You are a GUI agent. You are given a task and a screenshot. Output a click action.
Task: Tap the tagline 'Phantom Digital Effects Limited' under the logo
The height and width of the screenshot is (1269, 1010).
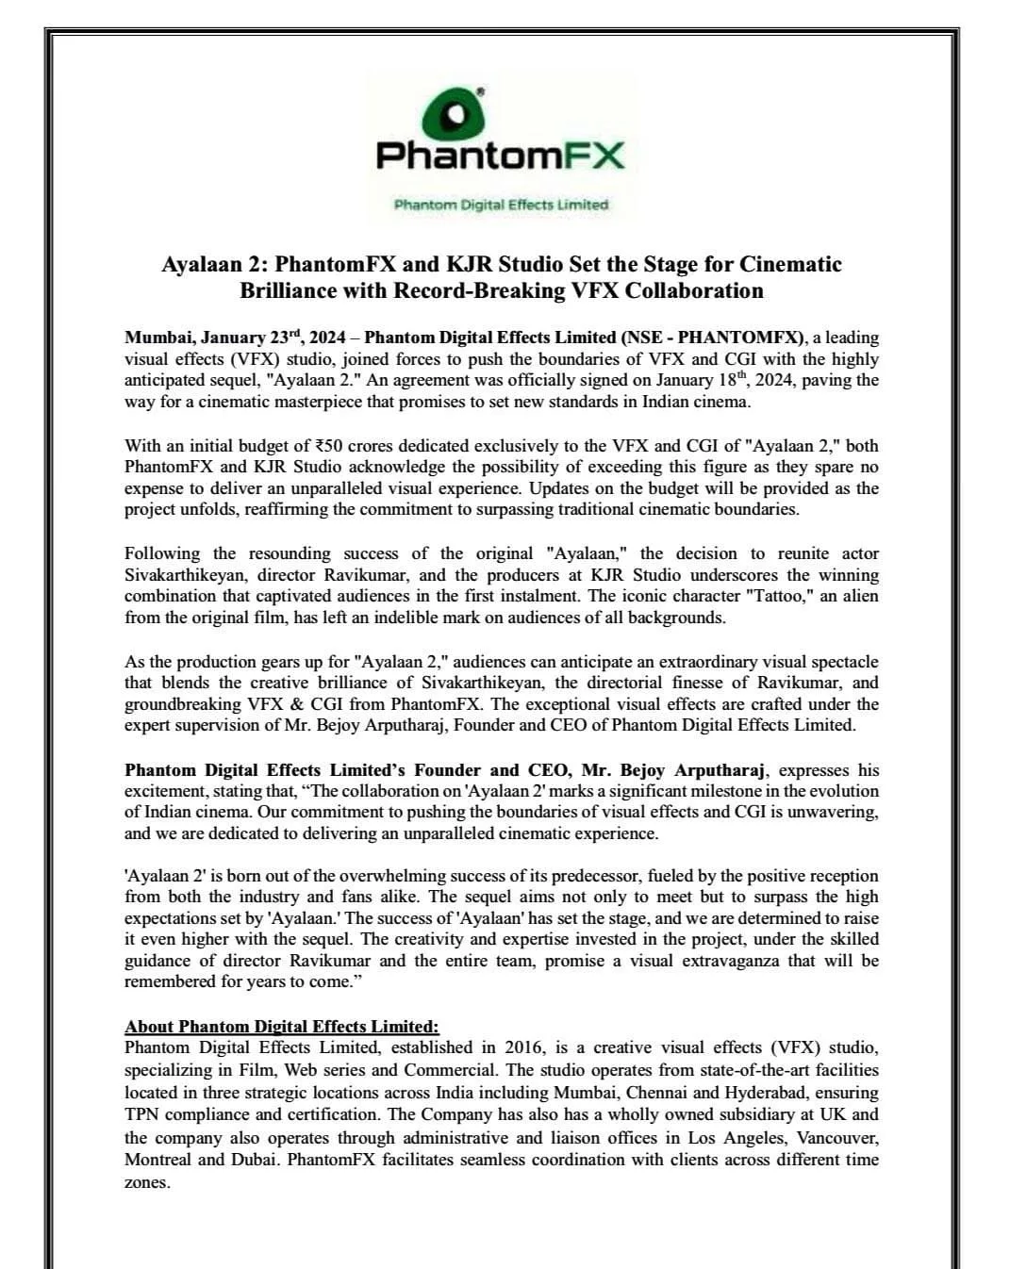click(x=501, y=205)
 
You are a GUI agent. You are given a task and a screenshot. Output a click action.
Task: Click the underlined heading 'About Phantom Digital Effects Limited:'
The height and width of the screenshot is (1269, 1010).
click(x=282, y=1027)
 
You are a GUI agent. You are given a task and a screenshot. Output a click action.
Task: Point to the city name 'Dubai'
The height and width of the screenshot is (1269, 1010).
click(x=255, y=1159)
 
